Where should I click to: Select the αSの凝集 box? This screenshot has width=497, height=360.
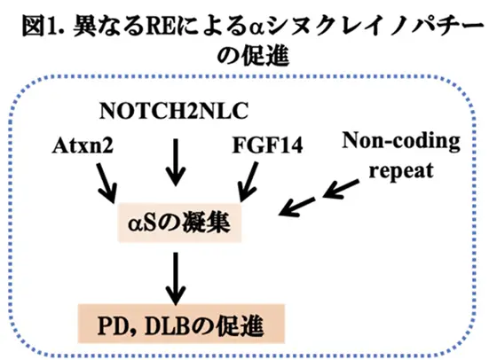pyautogui.click(x=177, y=223)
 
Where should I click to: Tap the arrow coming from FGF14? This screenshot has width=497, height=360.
pyautogui.click(x=245, y=184)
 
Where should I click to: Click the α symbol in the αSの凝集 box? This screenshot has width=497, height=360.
pyautogui.click(x=131, y=224)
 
